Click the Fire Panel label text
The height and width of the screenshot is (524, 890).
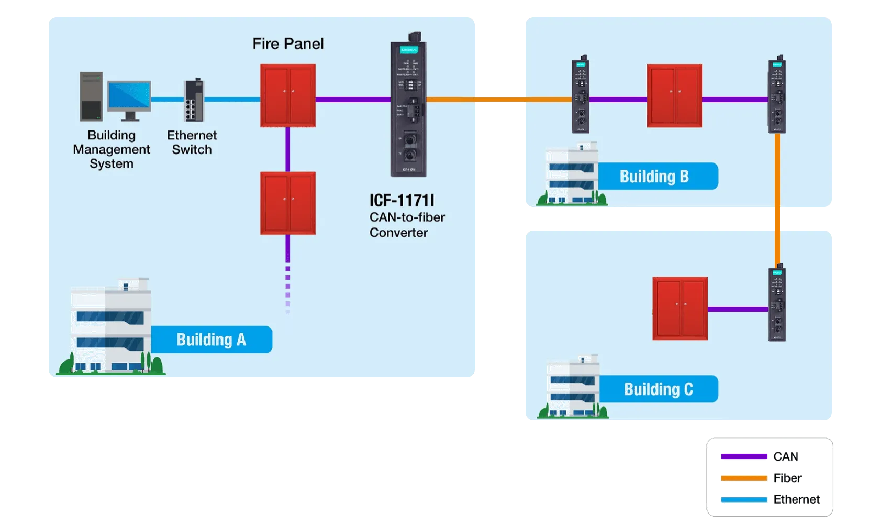pos(288,43)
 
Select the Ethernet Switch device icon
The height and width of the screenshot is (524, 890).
pos(194,100)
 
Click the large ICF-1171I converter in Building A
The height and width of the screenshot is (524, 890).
pos(408,107)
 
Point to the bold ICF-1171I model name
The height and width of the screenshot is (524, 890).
pos(402,200)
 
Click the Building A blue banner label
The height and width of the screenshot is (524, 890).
pos(211,340)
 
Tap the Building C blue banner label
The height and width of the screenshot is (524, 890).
pos(658,389)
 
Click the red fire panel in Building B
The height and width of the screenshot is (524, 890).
pos(674,96)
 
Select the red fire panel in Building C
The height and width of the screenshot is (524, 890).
pos(680,308)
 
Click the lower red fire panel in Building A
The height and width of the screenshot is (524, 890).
pos(288,203)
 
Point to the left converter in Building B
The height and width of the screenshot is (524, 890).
pos(581,94)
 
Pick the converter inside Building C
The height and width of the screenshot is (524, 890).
pos(777,304)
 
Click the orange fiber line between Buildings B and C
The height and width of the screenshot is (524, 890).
pos(777,199)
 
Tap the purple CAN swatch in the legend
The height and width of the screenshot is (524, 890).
pos(744,456)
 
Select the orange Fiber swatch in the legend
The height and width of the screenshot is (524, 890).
pos(744,478)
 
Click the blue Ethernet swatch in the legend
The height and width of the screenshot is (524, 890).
pos(744,499)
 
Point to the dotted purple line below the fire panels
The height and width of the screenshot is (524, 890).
pos(287,288)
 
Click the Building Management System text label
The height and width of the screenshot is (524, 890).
pos(112,149)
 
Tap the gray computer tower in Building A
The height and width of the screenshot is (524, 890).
pos(91,97)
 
